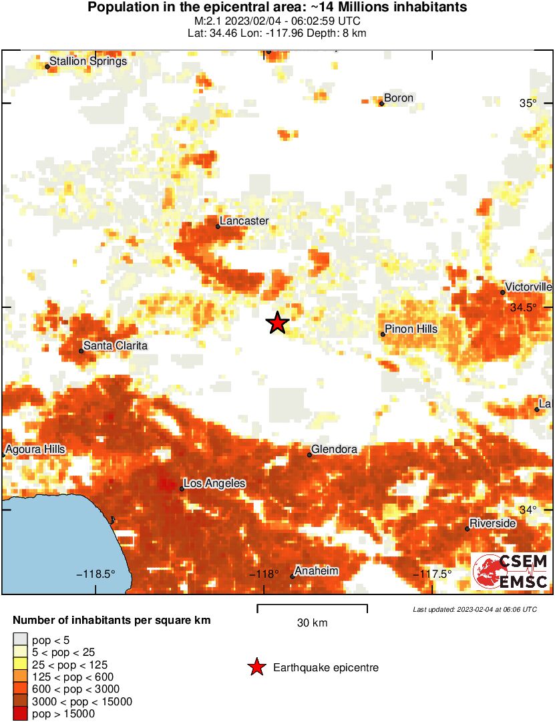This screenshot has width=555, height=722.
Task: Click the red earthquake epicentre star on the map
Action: tap(277, 323)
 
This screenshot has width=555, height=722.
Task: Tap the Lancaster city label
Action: tap(244, 220)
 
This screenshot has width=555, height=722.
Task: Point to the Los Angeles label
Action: tap(214, 484)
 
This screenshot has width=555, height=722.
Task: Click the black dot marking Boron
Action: tap(381, 104)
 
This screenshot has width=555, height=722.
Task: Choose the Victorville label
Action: tap(528, 287)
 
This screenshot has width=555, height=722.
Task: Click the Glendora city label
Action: tap(334, 449)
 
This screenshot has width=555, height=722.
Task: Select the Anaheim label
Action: tap(317, 571)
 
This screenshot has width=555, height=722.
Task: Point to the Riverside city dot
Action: tap(468, 529)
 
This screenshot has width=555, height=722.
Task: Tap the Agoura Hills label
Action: tap(35, 449)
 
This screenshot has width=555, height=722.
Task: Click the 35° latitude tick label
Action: tap(528, 104)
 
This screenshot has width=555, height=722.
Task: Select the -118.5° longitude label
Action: tap(96, 574)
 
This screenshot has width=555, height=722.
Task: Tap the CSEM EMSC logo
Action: tap(511, 571)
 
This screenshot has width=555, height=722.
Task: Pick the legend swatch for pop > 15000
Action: tap(21, 714)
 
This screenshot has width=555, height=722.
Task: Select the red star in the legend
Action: tap(256, 667)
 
